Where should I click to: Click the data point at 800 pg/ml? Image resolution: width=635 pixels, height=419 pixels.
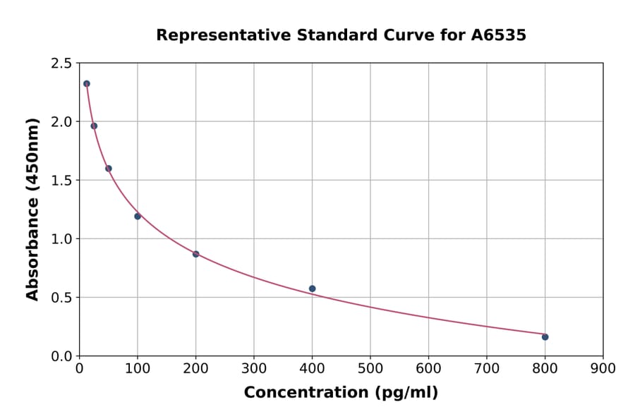point(545,336)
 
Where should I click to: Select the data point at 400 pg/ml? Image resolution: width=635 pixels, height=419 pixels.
point(312,289)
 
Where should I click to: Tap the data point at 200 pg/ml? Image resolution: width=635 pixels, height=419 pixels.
point(195,254)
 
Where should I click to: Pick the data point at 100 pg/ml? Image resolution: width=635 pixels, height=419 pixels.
point(138,216)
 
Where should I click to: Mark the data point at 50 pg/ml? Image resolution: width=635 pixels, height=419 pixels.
point(109,169)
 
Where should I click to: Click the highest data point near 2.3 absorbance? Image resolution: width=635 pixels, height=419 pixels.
point(87,83)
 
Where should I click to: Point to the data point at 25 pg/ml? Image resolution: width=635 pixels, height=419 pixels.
point(94,126)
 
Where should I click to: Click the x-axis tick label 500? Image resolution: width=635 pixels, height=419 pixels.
point(370,368)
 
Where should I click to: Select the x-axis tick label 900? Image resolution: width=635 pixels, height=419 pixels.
point(603,368)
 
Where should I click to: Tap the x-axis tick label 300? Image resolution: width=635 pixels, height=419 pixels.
point(254,368)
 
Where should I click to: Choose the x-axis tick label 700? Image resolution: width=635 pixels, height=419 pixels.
point(487,368)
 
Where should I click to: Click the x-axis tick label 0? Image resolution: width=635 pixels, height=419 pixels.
point(79,368)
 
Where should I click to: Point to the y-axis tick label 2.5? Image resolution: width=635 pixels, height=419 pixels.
point(61,63)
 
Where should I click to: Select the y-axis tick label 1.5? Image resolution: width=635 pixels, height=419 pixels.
point(61,181)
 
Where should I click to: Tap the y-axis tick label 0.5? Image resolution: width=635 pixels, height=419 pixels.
point(61,298)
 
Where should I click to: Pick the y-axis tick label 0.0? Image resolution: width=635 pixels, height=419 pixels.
point(61,356)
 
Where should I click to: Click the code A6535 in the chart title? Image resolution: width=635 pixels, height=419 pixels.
point(498,35)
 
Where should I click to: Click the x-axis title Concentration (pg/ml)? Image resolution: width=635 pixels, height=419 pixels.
point(341,393)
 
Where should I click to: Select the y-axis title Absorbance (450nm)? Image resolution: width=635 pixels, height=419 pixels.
point(32,209)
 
